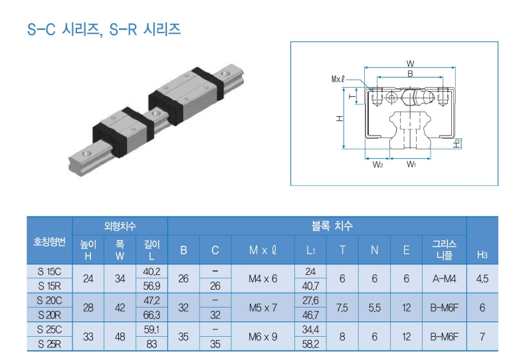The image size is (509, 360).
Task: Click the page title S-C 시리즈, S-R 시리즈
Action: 104,30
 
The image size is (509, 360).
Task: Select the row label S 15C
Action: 50,271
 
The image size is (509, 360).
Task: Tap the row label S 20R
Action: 50,314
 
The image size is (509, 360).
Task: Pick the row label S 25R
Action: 50,343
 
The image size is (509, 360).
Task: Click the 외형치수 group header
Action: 120,226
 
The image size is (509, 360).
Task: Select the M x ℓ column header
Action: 262,250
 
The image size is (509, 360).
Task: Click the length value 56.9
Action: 152,286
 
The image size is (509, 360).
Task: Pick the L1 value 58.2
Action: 310,343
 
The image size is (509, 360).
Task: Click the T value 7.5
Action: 342,308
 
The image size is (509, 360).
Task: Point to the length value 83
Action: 152,343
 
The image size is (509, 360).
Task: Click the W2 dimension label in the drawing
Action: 377,164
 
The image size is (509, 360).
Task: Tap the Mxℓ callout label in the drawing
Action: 338,78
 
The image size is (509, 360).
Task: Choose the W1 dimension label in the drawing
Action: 411,164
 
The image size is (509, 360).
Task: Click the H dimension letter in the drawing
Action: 338,118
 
